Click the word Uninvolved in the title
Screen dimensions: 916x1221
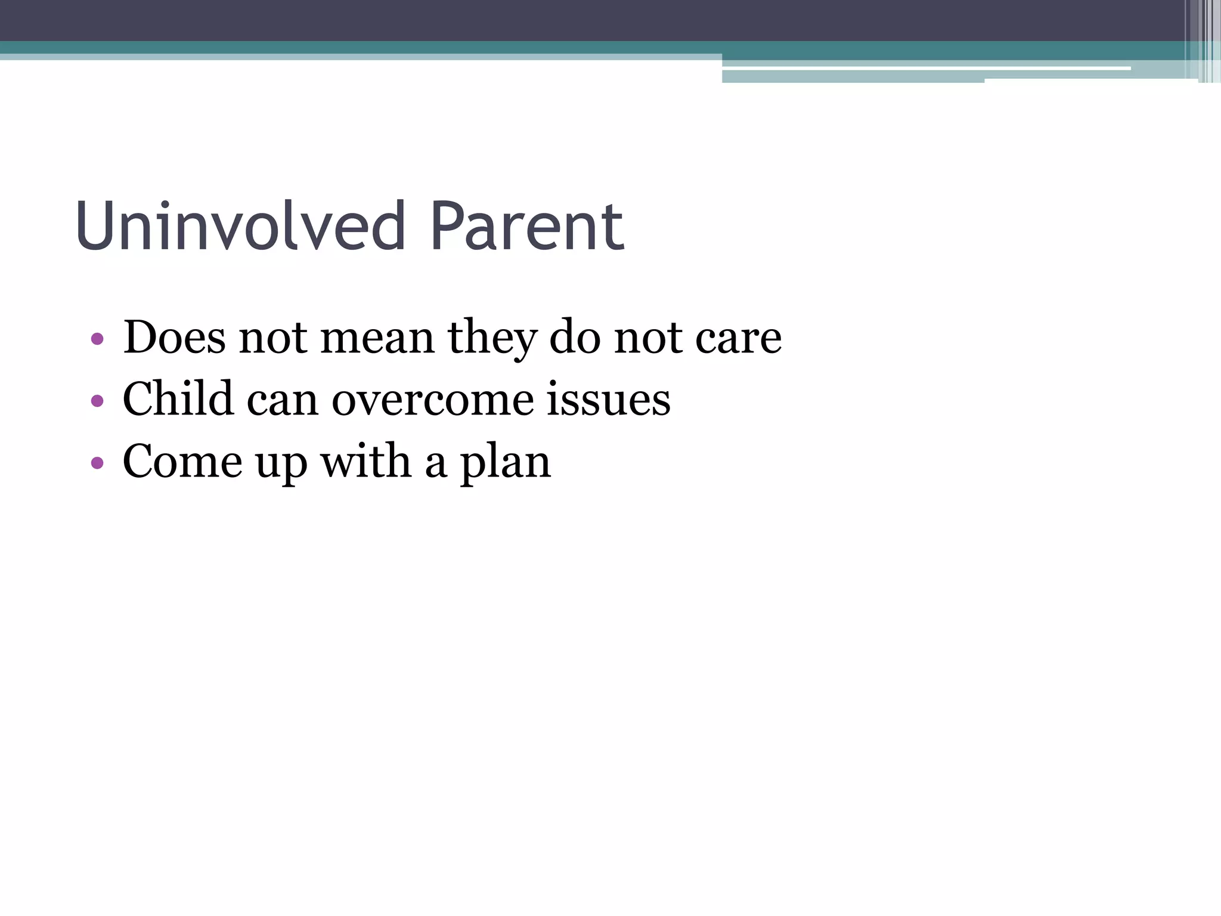point(240,227)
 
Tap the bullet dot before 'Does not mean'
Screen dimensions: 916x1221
point(97,340)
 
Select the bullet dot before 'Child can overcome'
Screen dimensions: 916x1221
point(97,401)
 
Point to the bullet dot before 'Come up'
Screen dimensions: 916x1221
point(97,463)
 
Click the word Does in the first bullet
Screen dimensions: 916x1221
point(174,338)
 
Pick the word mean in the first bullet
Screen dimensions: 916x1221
point(377,338)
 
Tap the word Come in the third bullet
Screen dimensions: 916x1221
point(182,462)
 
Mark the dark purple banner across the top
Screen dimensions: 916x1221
point(537,20)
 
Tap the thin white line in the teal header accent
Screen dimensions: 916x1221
point(924,69)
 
